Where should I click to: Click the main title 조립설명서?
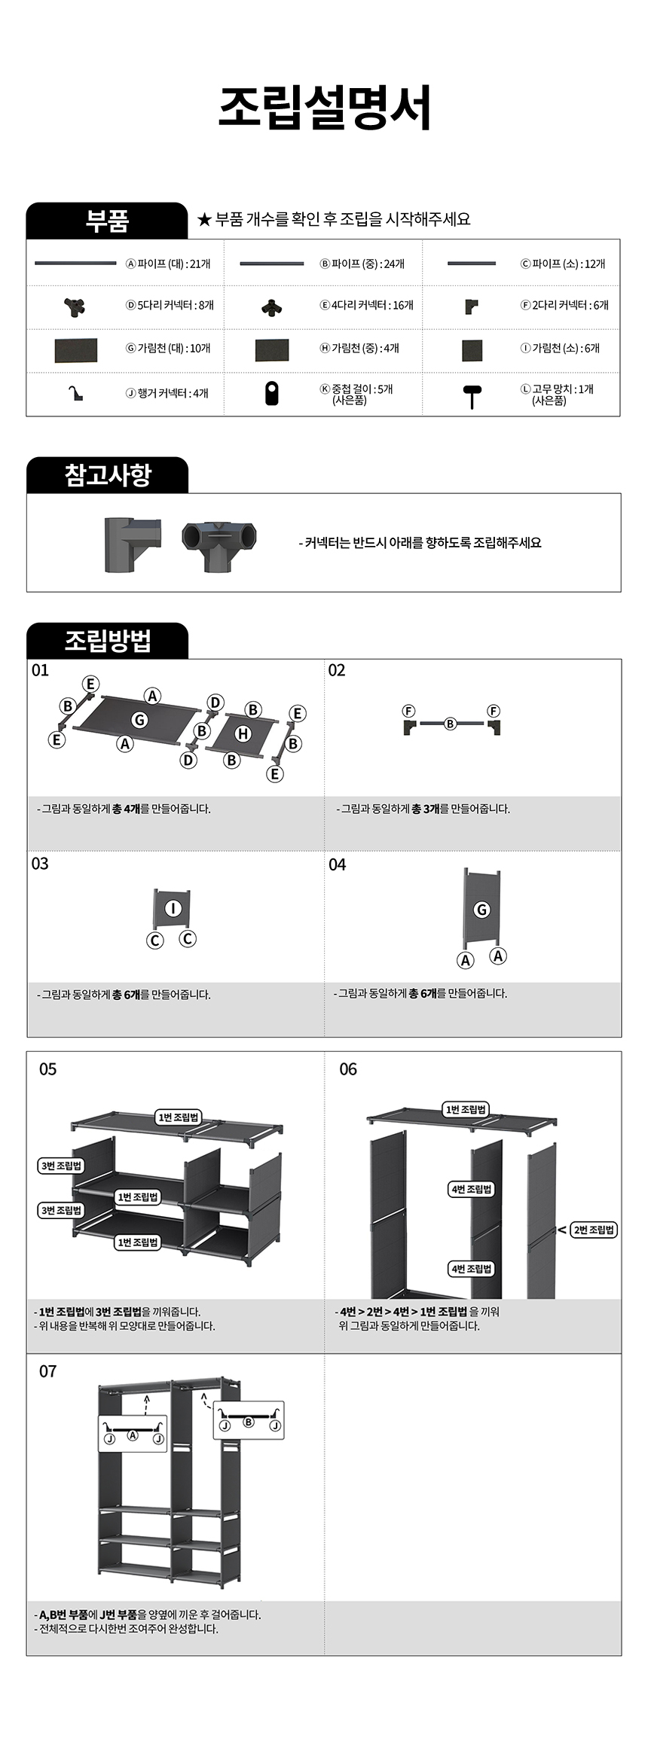(x=325, y=107)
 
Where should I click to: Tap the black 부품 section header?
(x=107, y=221)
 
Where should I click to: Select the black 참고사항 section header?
(x=107, y=475)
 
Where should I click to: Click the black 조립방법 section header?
(x=107, y=641)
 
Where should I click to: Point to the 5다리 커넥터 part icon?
(x=74, y=306)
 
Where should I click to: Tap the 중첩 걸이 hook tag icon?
(x=272, y=394)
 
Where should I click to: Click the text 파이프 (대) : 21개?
(x=168, y=264)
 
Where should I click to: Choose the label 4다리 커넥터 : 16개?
(x=367, y=305)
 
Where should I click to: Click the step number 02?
(x=336, y=670)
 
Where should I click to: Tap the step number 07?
(x=47, y=1371)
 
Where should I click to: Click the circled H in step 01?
(x=243, y=733)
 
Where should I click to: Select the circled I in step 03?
(x=173, y=908)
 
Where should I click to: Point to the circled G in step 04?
(x=481, y=910)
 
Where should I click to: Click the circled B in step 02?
(x=450, y=724)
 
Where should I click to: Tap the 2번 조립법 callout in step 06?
(x=594, y=1230)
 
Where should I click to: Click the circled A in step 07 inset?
(x=133, y=1435)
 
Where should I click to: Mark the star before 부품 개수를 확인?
(x=203, y=220)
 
